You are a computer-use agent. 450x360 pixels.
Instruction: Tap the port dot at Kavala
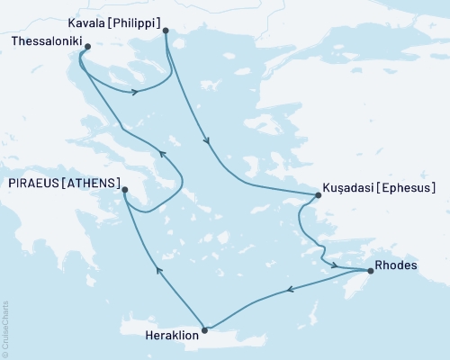166,31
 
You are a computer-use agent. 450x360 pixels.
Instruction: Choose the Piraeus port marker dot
125,189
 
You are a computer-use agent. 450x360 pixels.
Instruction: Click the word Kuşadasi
346,188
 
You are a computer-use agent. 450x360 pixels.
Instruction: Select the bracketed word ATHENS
91,183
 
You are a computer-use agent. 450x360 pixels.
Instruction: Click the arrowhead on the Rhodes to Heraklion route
290,290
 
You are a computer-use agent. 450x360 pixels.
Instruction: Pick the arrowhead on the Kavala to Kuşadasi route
208,139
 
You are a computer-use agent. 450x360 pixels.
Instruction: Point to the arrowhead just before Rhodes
336,265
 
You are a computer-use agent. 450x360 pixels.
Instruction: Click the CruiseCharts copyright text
5,328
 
